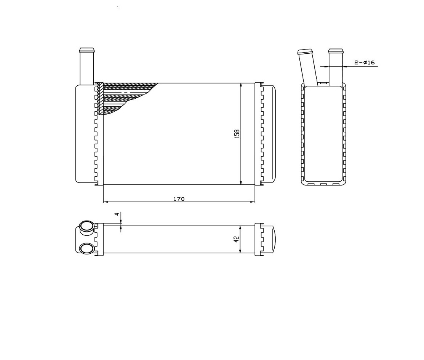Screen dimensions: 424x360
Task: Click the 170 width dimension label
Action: click(179, 199)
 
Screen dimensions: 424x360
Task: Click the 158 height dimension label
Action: click(237, 134)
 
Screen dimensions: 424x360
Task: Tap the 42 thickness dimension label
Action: click(237, 239)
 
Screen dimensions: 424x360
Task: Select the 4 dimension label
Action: click(117, 214)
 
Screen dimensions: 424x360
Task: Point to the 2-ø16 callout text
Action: click(365, 62)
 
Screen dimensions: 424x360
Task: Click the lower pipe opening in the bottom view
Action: click(86, 248)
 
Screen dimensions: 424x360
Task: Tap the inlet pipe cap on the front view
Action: click(87, 50)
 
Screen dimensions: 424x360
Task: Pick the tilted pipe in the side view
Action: click(308, 67)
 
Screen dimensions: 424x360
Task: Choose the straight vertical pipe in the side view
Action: click(336, 66)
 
